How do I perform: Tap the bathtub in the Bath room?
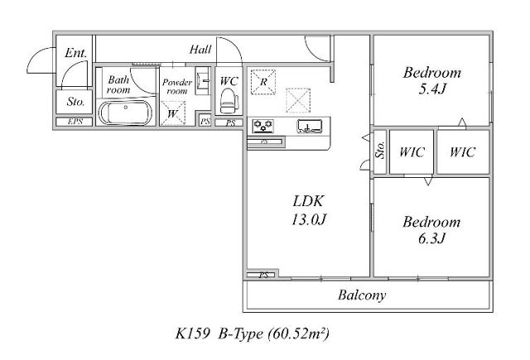[125, 113]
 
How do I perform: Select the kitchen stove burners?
[263, 126]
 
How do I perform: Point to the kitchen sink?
[309, 126]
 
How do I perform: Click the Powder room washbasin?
[203, 81]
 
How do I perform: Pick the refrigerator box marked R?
[263, 82]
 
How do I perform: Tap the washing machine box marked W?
[173, 113]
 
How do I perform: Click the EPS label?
[75, 122]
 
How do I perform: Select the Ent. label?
[75, 53]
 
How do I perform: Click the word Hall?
[200, 50]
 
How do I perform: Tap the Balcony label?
[362, 295]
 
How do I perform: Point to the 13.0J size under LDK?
[308, 220]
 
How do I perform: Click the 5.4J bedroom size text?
[432, 89]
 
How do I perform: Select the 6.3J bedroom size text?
[432, 238]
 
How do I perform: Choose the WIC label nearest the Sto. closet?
[412, 152]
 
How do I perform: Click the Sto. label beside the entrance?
[75, 101]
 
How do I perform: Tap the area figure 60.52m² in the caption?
[298, 334]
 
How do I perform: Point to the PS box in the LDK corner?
[263, 275]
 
